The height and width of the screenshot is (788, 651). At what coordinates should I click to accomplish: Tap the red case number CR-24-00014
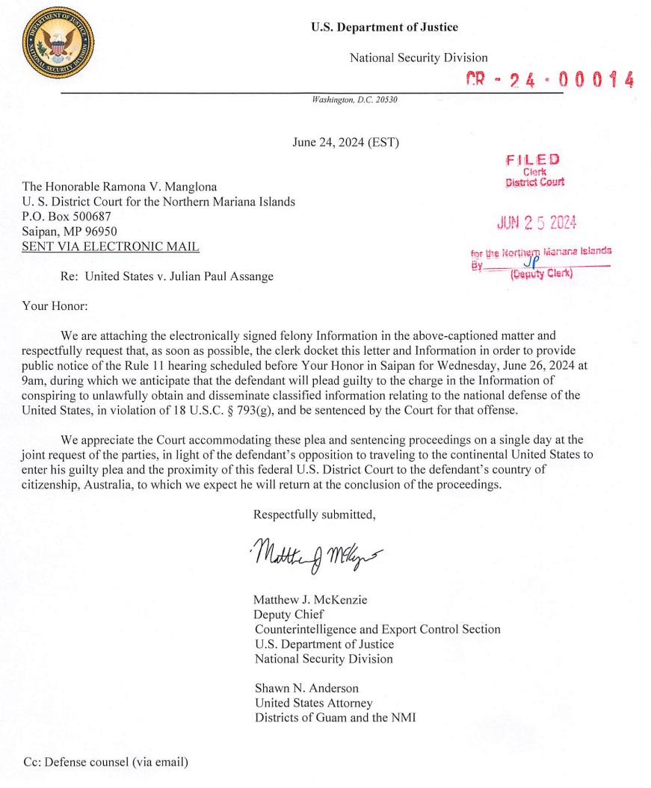[549, 80]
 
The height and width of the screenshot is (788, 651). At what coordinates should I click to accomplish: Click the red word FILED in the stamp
[532, 159]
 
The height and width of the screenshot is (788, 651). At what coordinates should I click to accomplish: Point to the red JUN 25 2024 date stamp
[537, 223]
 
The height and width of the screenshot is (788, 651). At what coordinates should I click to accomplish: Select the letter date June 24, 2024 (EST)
[345, 142]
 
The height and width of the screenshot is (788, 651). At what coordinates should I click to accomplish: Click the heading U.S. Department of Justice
[384, 28]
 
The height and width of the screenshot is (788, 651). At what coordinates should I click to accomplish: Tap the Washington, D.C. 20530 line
[354, 99]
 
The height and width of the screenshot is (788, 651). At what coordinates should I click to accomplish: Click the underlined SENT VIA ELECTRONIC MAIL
[111, 246]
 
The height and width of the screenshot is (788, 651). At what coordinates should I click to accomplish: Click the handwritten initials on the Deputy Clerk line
[530, 262]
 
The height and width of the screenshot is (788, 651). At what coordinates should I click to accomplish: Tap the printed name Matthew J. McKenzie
[310, 600]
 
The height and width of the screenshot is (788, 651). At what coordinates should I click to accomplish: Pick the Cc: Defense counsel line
[105, 763]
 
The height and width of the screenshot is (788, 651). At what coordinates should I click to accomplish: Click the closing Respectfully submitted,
[314, 515]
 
